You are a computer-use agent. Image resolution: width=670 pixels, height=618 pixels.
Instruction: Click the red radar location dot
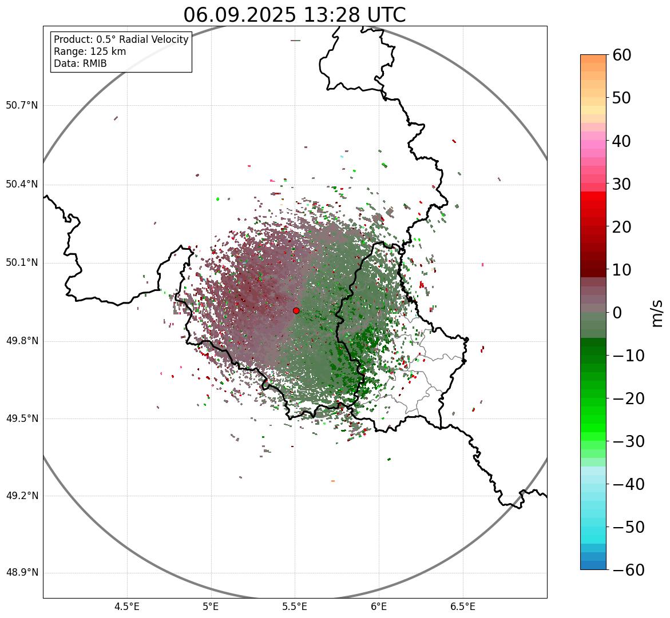click(x=296, y=310)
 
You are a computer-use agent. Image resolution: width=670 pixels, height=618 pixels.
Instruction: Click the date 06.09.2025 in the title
click(x=240, y=15)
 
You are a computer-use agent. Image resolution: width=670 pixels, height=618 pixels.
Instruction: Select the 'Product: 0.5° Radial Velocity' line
click(x=121, y=39)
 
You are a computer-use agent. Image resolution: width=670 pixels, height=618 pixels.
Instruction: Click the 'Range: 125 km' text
click(x=90, y=51)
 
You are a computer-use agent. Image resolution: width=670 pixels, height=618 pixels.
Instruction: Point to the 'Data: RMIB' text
click(x=80, y=63)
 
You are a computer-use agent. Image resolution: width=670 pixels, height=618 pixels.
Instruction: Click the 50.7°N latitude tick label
click(x=22, y=106)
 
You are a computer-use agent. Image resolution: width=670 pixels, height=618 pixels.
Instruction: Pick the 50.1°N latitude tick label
click(x=22, y=263)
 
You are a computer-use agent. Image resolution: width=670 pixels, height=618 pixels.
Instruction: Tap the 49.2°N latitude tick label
click(x=22, y=496)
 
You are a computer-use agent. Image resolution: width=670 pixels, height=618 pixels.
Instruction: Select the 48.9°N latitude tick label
click(x=22, y=573)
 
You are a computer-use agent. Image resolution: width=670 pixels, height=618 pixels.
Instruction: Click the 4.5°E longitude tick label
click(x=127, y=606)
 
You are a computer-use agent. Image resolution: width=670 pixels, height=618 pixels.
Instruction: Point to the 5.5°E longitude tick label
click(x=295, y=606)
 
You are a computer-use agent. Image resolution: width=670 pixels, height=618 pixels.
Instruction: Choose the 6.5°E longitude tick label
click(x=462, y=606)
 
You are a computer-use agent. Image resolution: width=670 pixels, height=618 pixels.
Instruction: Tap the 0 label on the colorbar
click(x=617, y=313)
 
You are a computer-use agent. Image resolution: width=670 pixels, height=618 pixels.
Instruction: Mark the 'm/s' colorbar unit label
click(x=658, y=313)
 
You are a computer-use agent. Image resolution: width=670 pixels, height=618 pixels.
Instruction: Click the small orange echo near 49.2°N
click(x=332, y=481)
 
